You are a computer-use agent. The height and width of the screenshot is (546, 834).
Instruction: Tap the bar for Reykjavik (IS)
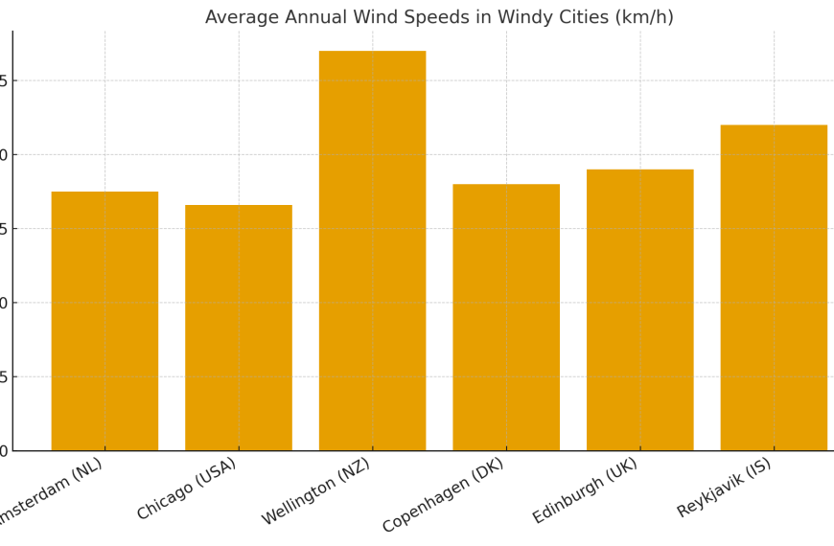click(774, 287)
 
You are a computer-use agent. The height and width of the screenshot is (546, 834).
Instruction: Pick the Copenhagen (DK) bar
click(506, 317)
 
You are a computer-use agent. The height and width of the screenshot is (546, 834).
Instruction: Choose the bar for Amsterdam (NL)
click(104, 321)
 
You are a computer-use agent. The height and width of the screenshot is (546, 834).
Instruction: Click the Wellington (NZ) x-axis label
click(316, 490)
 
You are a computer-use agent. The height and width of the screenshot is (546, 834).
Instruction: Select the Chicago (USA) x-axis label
click(187, 489)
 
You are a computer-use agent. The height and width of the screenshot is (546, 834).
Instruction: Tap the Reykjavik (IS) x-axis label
click(724, 488)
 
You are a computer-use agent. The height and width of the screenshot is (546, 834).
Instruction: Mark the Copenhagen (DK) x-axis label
click(443, 494)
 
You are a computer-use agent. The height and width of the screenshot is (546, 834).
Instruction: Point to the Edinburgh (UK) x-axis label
click(585, 490)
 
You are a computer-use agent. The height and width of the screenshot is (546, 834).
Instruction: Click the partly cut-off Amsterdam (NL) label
click(48, 492)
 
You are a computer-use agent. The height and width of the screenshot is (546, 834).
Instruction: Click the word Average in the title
click(239, 17)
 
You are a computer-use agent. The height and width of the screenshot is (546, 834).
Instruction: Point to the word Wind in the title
click(370, 17)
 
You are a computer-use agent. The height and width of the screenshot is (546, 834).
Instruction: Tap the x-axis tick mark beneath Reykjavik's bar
click(774, 454)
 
